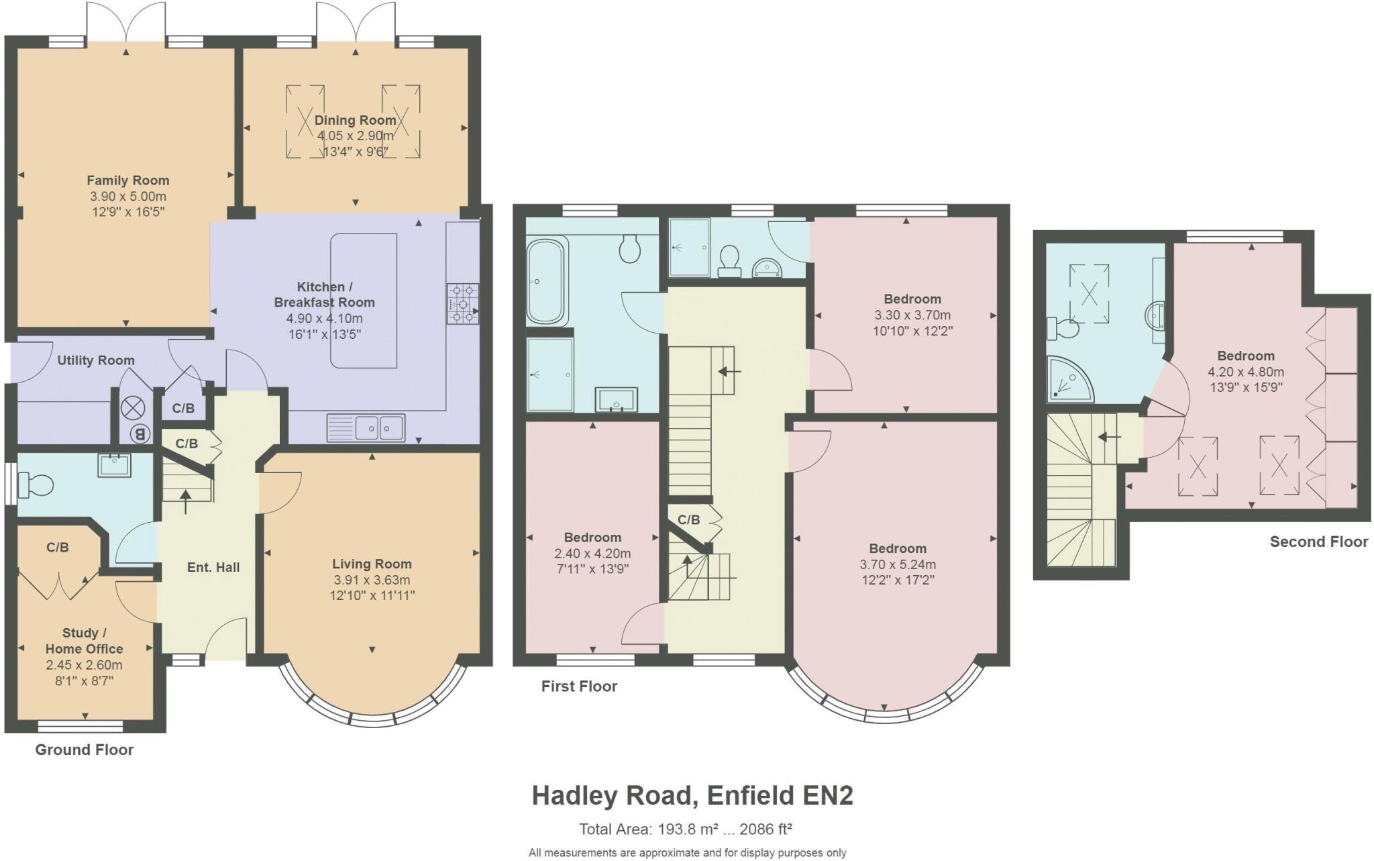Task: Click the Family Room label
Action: coord(127,181)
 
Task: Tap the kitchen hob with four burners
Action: coord(463,304)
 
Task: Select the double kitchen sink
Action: coord(366,427)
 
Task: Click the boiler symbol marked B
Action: coord(140,434)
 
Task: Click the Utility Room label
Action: coord(95,360)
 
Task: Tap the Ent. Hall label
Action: coord(213,567)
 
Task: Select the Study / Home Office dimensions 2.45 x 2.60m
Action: coord(84,665)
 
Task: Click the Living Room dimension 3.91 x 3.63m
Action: coord(372,580)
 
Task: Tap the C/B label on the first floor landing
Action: coord(688,519)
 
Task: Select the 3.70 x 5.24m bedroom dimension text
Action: coord(898,564)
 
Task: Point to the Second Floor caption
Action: coord(1318,542)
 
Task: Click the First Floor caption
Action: coord(579,686)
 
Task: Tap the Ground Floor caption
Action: coord(84,750)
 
